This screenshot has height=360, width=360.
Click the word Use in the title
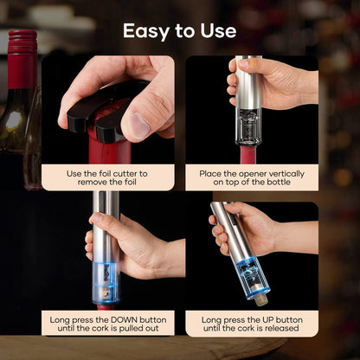[x=217, y=31]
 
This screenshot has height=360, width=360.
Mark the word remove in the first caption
[x=90, y=184]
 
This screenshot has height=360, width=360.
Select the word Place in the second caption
[x=211, y=173]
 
